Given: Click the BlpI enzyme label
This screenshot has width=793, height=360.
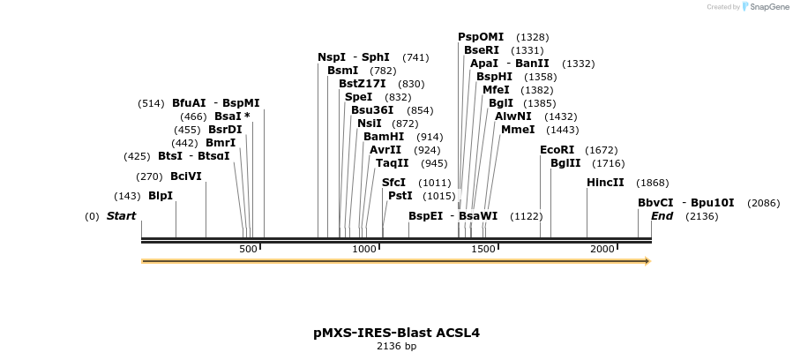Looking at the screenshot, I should click(161, 196).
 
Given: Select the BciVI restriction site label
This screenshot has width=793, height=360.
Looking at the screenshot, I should click(186, 176).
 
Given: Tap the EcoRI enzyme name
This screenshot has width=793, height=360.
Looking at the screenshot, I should click(557, 150).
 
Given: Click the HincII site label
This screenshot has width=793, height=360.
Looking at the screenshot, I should click(605, 183).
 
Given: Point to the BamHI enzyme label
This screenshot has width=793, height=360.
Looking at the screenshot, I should click(384, 137).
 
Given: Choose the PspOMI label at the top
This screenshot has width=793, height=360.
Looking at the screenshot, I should click(481, 37).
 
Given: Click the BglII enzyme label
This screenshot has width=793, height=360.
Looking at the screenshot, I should click(565, 163).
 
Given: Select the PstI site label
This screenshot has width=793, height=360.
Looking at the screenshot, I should click(400, 196).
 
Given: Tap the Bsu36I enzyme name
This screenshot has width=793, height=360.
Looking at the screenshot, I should click(372, 110).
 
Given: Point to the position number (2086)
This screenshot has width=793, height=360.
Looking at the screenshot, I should click(763, 203).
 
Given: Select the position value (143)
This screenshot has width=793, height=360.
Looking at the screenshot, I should click(127, 196).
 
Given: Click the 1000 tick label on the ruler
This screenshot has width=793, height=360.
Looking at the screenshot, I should click(364, 250).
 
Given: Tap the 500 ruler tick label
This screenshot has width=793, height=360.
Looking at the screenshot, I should click(248, 250).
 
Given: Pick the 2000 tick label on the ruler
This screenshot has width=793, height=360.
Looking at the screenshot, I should click(602, 250).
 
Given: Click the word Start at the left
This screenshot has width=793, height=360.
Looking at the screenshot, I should click(121, 216).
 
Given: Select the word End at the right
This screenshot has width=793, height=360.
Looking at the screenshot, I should click(662, 216).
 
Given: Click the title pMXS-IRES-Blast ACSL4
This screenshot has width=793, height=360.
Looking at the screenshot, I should click(396, 333).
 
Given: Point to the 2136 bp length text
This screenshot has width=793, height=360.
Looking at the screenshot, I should click(396, 347).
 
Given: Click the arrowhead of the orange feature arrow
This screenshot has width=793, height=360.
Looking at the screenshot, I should click(647, 261).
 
